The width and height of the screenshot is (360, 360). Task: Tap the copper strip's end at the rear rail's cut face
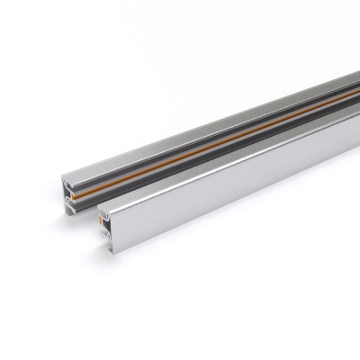click(x=76, y=192)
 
